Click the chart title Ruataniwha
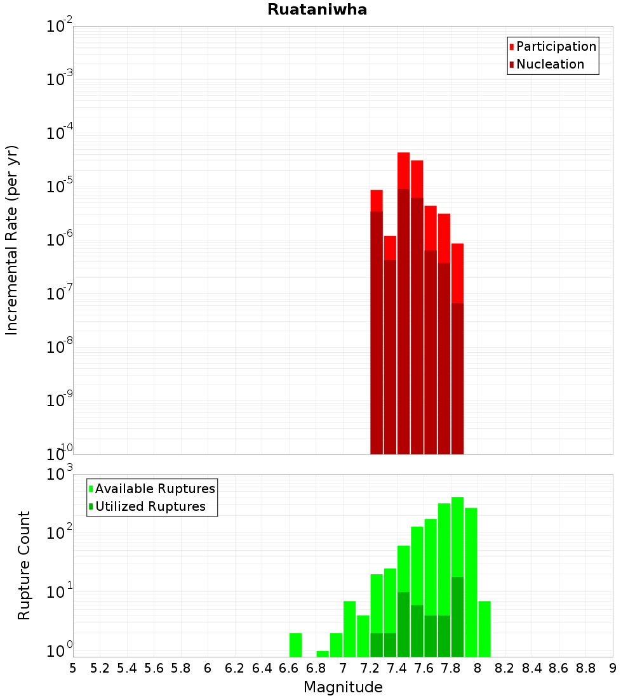(x=317, y=10)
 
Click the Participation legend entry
(x=556, y=46)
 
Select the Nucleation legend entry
(x=549, y=64)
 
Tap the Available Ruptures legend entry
(x=154, y=489)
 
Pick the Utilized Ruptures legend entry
(x=150, y=506)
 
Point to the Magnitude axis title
(x=343, y=687)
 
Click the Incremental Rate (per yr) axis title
(x=12, y=240)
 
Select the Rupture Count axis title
(x=24, y=565)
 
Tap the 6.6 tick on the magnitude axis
(x=289, y=668)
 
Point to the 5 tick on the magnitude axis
(x=73, y=668)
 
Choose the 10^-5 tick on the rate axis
(x=60, y=187)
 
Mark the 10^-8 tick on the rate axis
(x=60, y=347)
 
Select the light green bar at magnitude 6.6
(x=295, y=645)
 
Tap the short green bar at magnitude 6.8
(x=323, y=654)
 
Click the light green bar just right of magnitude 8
(x=485, y=628)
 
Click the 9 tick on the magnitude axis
(x=613, y=668)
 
